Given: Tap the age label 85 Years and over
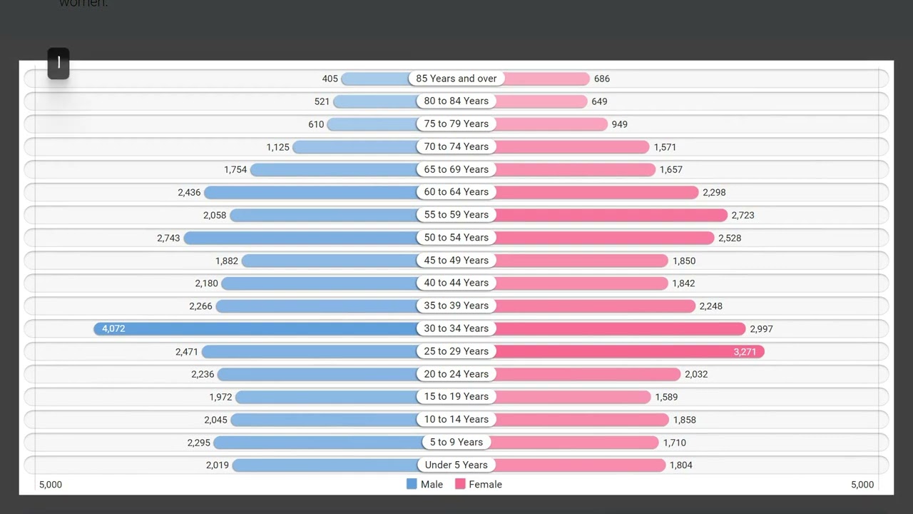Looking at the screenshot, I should pos(456,79).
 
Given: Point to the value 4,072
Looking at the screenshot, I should pos(113,328).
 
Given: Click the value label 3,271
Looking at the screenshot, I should pos(745,351).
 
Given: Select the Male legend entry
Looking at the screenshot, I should pos(425,484).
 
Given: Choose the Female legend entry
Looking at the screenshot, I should pos(479,484).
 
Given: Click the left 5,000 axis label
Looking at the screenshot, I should pos(51,484).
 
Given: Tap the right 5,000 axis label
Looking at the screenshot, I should pos(862,484).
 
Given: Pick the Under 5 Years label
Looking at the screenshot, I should pos(456,465).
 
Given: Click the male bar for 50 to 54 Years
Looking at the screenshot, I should pos(300,238).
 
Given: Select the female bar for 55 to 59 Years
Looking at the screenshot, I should pos(611,215).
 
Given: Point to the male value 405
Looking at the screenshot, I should pos(330,79).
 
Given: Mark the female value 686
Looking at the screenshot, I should pos(602,79).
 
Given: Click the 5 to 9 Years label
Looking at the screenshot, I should pos(456,442).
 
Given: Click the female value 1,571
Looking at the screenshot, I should pos(665,147).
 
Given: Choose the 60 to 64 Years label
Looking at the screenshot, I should pos(456,192).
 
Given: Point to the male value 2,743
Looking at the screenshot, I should pos(168,238).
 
